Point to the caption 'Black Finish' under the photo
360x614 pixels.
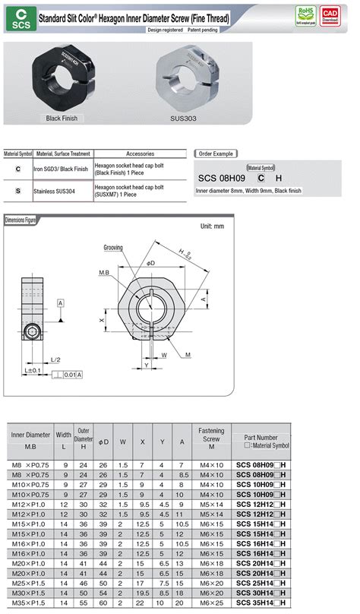tap(62, 119)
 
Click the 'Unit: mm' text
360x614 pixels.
tap(212, 226)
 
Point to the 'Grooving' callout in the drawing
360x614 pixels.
tap(113, 248)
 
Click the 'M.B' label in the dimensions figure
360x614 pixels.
tap(105, 271)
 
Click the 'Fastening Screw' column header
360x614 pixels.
tap(211, 435)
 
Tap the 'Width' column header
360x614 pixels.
tap(64, 435)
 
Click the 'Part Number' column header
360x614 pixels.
tap(262, 439)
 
